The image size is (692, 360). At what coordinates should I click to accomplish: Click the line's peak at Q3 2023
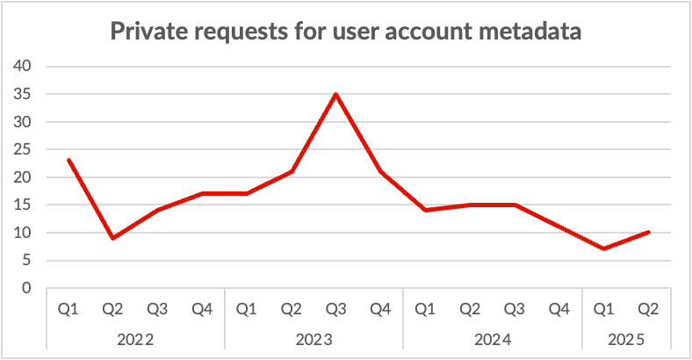click(x=335, y=94)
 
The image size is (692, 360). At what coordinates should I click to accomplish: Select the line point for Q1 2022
click(x=68, y=160)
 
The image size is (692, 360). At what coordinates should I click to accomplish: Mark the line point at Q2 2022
click(x=113, y=238)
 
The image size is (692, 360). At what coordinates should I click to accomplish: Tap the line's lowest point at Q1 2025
click(x=603, y=248)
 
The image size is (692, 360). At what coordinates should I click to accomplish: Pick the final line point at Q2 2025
click(x=648, y=232)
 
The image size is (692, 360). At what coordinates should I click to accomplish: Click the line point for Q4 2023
click(x=380, y=171)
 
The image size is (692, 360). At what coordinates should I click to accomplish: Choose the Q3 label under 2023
click(x=335, y=309)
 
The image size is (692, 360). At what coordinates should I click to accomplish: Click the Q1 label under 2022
click(x=68, y=309)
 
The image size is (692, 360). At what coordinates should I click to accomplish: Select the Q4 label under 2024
click(x=559, y=309)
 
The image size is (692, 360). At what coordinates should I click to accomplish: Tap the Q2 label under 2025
click(x=648, y=309)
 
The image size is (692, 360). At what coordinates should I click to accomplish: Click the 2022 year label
click(x=135, y=338)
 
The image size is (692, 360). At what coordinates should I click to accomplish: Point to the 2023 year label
click(x=314, y=338)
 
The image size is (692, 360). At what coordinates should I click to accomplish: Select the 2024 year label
click(x=492, y=338)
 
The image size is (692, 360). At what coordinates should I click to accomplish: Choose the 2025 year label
click(x=625, y=338)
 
